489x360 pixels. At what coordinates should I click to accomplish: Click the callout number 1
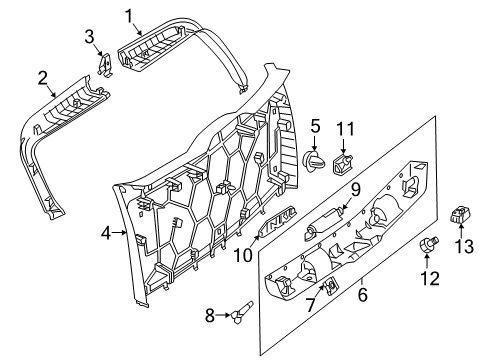tap(129, 17)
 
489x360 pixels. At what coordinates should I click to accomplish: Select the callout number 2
tap(42, 79)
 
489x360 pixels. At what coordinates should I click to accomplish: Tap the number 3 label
tap(89, 37)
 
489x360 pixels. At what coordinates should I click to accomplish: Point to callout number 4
tap(106, 233)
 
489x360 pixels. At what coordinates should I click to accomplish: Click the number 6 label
tap(362, 295)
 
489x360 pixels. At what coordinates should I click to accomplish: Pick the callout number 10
tap(243, 256)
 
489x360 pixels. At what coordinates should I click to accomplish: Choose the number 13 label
tap(464, 246)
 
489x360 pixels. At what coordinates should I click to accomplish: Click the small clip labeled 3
tap(106, 64)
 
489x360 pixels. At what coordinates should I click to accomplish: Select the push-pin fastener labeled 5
tap(315, 161)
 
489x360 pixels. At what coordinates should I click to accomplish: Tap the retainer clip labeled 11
tap(343, 164)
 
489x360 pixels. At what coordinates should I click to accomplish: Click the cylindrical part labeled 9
tap(323, 223)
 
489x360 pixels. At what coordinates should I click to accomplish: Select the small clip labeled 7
tap(330, 285)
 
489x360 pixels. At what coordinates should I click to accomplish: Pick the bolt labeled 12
tap(429, 244)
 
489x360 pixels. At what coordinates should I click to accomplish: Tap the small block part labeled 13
tap(459, 214)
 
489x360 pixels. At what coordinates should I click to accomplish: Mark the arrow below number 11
tap(344, 147)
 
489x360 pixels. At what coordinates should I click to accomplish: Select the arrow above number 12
tap(427, 261)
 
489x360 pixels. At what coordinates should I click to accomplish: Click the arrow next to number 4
tap(120, 233)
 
